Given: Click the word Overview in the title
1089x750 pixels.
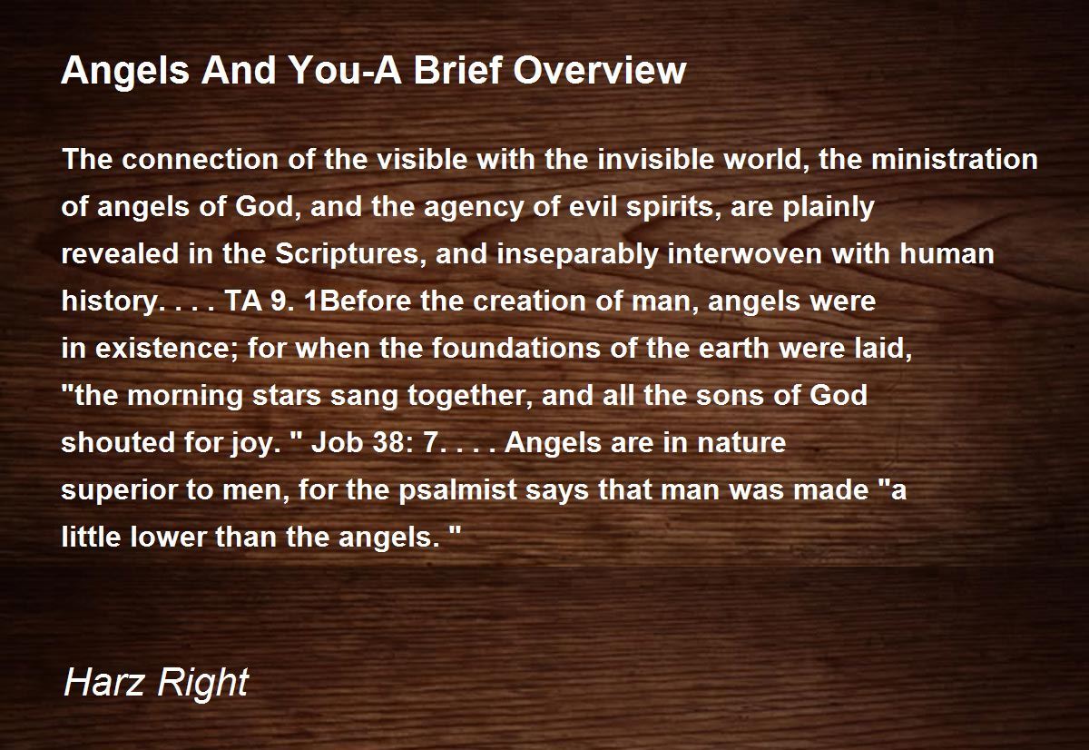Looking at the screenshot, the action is (599, 70).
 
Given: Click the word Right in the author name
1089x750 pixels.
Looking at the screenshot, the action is (202, 684).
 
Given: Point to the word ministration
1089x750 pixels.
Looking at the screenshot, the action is (955, 159).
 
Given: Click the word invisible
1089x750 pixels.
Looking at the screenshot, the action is (656, 159).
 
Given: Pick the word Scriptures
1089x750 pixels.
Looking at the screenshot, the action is (347, 254).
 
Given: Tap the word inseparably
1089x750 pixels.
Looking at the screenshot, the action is (577, 254).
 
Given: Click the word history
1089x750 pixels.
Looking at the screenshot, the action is (110, 301).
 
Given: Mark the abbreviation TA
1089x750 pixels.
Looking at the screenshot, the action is (243, 301).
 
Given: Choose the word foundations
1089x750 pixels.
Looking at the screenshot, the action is (515, 349).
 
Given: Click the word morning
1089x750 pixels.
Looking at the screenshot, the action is (185, 396).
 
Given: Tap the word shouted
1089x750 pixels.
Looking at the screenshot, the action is (118, 442).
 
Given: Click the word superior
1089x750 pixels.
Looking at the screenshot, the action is (119, 489).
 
